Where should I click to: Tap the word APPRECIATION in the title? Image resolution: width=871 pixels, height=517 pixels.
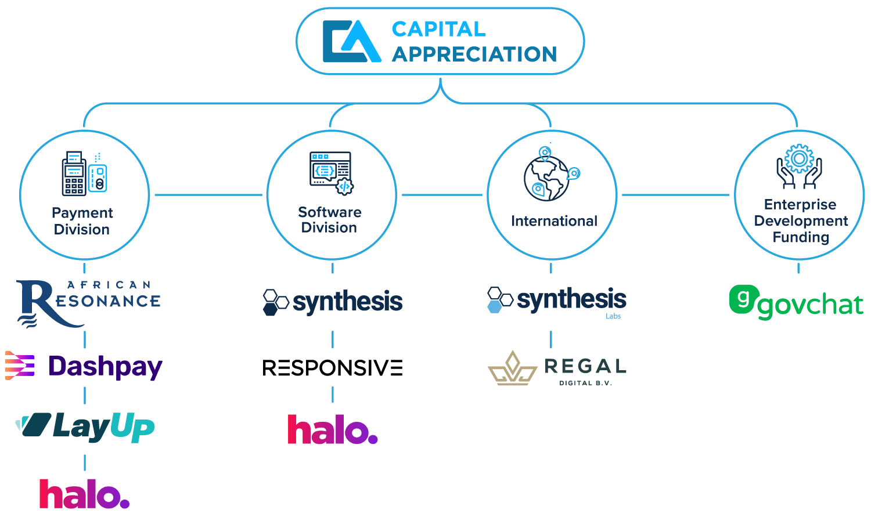(x=474, y=55)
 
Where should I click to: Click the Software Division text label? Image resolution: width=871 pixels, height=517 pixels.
(x=330, y=220)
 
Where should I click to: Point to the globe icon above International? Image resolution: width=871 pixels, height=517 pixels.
(x=551, y=174)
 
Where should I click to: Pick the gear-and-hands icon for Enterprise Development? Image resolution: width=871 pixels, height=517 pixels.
(x=799, y=166)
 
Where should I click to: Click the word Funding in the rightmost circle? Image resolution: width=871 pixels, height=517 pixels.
(x=801, y=237)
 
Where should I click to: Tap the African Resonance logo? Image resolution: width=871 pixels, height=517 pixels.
(x=88, y=302)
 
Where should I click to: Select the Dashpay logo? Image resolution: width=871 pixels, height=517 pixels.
(x=84, y=367)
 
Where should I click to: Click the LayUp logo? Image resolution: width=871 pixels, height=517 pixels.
(x=85, y=428)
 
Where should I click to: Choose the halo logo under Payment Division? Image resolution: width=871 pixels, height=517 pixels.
(x=84, y=494)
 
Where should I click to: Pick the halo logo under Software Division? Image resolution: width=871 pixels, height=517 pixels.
(x=333, y=430)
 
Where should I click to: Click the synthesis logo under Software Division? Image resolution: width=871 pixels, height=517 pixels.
(x=333, y=302)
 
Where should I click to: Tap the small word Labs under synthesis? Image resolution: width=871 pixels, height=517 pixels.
(x=613, y=316)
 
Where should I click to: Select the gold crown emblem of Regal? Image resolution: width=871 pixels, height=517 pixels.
(x=512, y=369)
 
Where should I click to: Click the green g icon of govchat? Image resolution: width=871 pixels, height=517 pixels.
(x=742, y=299)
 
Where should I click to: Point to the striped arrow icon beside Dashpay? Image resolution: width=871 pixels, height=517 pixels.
(x=19, y=366)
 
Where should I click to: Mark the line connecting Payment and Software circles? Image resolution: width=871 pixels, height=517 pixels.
(x=208, y=195)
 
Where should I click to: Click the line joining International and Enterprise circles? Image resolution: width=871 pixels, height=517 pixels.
(x=675, y=195)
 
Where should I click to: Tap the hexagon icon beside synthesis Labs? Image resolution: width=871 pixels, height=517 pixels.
(x=499, y=300)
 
